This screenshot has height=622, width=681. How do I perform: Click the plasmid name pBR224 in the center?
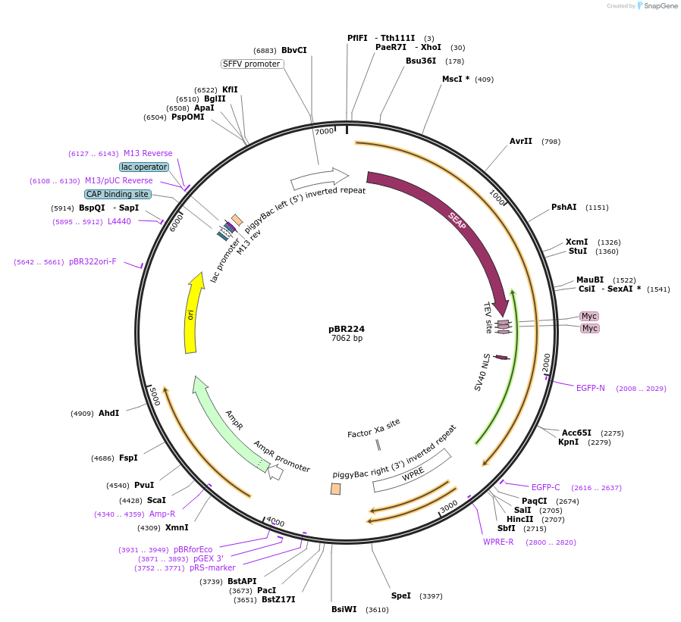click(346, 329)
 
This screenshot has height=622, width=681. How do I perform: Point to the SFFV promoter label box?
click(252, 64)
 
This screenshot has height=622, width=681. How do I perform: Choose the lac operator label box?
click(144, 167)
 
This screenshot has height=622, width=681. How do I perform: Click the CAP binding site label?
click(118, 194)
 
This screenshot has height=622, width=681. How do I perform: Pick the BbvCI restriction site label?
click(294, 50)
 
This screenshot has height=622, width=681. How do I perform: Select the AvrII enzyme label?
click(521, 141)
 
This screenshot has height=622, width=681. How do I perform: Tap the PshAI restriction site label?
click(563, 207)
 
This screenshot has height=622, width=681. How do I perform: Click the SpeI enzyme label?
click(401, 595)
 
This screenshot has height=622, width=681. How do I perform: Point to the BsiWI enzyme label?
click(344, 609)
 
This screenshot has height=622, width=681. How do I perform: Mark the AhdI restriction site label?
click(108, 413)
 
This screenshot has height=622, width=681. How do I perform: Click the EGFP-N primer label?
click(590, 388)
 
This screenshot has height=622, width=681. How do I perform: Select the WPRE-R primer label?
click(498, 542)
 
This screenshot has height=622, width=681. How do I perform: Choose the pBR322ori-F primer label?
click(93, 261)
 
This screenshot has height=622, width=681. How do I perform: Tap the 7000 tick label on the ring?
click(324, 131)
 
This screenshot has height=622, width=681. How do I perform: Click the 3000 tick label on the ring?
click(449, 506)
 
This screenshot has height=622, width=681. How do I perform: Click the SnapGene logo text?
click(661, 5)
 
